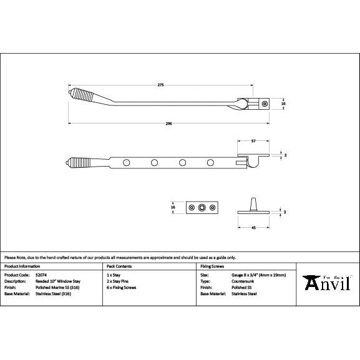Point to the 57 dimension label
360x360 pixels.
tap(253, 142)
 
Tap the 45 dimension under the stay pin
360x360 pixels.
tap(253, 228)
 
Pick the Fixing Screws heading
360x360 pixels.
tap(212, 266)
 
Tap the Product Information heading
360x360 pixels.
tap(22, 266)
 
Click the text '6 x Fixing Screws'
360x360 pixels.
tap(122, 287)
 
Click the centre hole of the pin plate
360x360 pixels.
tap(201, 207)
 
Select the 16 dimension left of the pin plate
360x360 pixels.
tap(173, 207)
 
